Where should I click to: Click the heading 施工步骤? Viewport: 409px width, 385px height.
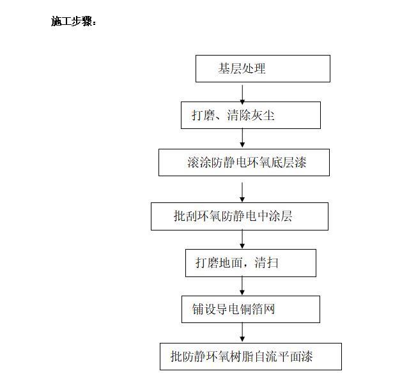click(73, 21)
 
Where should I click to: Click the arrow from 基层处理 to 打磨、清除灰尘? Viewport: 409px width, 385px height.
click(242, 94)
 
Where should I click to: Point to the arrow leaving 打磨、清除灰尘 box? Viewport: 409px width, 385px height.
click(242, 138)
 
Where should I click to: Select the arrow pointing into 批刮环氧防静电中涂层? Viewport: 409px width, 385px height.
click(242, 192)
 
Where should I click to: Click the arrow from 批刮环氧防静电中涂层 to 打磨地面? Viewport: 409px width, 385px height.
click(242, 239)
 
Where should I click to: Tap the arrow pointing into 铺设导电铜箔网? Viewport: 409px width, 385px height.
click(242, 285)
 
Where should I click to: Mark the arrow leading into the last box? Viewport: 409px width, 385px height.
click(242, 332)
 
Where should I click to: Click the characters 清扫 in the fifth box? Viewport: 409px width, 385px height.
click(266, 262)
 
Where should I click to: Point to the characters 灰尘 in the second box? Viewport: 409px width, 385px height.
click(263, 115)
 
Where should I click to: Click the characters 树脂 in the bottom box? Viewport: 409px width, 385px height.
click(243, 356)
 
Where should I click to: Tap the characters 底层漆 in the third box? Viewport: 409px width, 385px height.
click(288, 162)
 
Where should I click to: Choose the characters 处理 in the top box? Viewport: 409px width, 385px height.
click(254, 68)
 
